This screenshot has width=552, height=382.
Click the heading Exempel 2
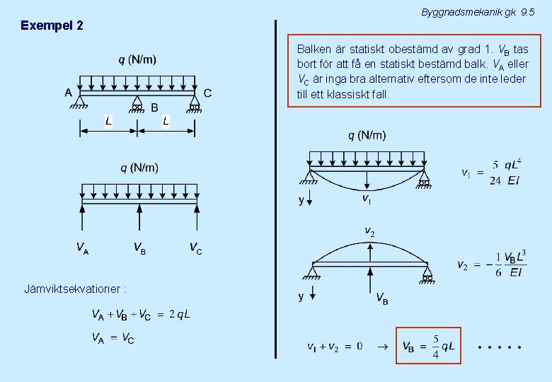pos(52,25)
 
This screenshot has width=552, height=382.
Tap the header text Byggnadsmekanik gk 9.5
pos(478,12)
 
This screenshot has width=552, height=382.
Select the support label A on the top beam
pos(69,92)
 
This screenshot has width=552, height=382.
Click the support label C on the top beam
pos(207,92)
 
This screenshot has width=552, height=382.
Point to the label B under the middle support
pos(154,108)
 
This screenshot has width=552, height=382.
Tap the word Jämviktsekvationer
pos(75,289)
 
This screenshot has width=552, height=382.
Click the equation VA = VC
pos(113,338)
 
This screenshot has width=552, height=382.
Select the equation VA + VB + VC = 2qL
pos(140,314)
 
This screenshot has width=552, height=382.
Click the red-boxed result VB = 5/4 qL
pos(427,346)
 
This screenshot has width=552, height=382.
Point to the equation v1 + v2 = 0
pos(335,347)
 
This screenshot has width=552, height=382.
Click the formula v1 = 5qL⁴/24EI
pos(491,172)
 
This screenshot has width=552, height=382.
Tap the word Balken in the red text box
pos(314,50)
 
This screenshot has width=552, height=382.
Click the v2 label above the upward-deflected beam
pos(369,231)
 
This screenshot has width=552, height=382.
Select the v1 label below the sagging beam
pos(367,199)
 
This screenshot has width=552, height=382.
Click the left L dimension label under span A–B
pos(108,121)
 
